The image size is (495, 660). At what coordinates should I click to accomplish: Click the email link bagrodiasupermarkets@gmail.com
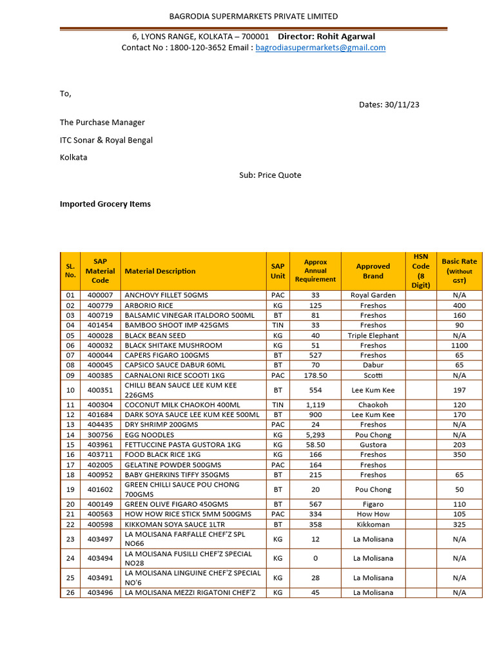320,48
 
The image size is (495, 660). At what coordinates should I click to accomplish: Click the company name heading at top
253,16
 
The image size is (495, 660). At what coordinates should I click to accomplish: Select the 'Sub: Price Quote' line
270,175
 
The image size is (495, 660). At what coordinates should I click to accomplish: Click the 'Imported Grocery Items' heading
105,204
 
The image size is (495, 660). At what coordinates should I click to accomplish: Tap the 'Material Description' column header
160,271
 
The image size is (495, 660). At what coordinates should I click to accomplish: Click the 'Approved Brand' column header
373,271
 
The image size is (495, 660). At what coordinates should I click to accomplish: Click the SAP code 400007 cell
100,295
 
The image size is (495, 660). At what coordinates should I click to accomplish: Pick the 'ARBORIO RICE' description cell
149,306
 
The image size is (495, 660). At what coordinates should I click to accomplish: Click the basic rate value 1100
459,345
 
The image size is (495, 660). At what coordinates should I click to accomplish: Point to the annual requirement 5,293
315,435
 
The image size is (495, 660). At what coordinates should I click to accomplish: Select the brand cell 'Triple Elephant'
373,336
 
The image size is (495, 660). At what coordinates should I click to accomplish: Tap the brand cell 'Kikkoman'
373,525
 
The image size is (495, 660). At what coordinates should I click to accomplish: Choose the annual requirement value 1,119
315,405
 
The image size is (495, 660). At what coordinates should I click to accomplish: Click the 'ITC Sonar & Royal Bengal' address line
106,140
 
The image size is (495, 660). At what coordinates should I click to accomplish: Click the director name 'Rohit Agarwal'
351,36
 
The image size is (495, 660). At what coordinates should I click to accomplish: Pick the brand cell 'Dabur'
373,365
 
